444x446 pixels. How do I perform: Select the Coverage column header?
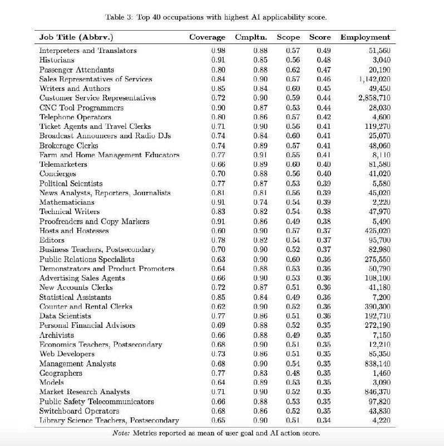point(207,37)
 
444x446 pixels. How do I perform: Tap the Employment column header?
point(365,37)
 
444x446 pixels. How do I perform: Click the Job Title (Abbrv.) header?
point(76,37)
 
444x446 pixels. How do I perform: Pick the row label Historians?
point(57,60)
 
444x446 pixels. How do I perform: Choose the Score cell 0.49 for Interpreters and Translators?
point(323,50)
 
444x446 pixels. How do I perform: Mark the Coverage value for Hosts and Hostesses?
point(218,230)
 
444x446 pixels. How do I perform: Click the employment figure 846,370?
point(377,391)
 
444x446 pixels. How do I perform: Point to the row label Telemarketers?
point(63,164)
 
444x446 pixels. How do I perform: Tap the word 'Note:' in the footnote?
point(122,433)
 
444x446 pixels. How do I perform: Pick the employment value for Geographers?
point(381,372)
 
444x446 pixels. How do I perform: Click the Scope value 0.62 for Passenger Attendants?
point(292,70)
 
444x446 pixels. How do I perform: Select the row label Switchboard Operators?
point(71,411)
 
